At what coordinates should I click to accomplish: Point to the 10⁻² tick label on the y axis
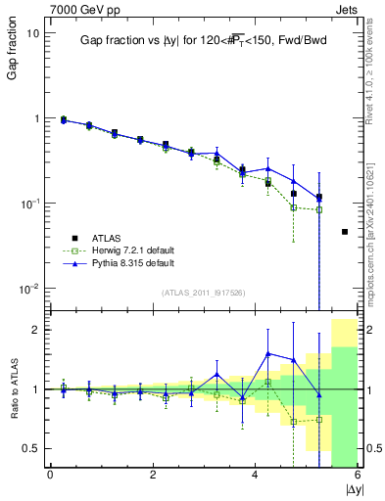27,289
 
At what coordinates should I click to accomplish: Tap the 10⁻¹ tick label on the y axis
27,204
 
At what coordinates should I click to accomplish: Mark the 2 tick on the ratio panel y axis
33,330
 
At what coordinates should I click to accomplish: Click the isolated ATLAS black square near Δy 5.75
345,232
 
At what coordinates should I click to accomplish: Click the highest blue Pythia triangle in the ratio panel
268,353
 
